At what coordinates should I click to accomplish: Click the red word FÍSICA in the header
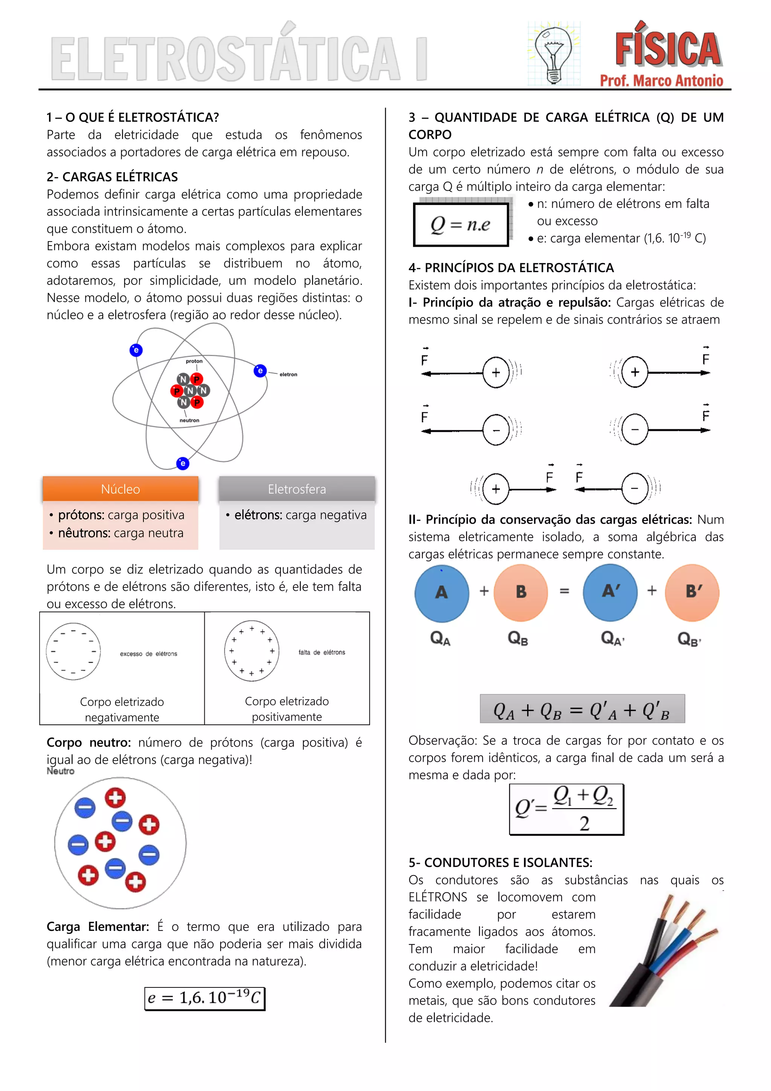click(x=667, y=49)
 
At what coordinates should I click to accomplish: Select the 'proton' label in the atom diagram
click(x=194, y=361)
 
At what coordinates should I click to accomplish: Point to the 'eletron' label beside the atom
click(x=288, y=374)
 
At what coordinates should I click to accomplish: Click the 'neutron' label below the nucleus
click(x=189, y=420)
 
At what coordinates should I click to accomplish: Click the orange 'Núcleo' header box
click(x=120, y=489)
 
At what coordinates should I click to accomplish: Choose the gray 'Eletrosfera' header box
click(x=297, y=489)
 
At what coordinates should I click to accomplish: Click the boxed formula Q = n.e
click(x=460, y=224)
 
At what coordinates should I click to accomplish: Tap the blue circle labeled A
click(x=442, y=593)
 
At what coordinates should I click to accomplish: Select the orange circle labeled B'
click(x=692, y=592)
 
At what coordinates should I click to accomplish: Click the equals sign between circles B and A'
click(x=564, y=591)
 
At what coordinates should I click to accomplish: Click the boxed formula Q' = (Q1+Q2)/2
click(x=566, y=809)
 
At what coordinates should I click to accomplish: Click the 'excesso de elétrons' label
click(x=149, y=654)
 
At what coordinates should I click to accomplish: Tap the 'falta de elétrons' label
click(x=322, y=652)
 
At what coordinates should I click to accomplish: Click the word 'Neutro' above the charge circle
click(x=60, y=771)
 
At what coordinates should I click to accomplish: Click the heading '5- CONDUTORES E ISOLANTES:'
click(x=500, y=862)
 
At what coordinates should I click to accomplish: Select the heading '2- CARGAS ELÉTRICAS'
click(x=112, y=177)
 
